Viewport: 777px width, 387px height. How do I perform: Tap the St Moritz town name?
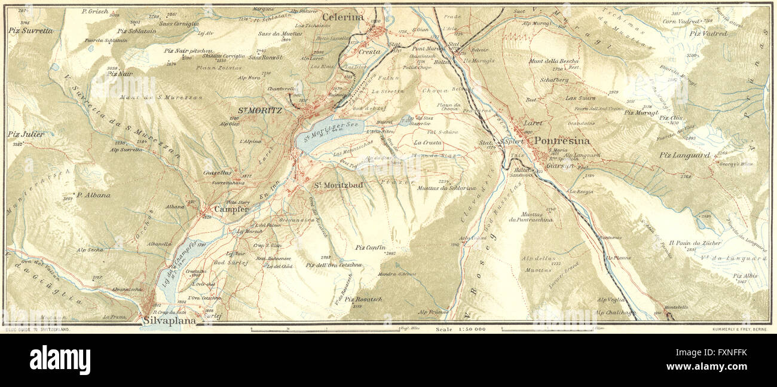[x=260, y=110]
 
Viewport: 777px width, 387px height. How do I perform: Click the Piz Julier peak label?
[x=26, y=135]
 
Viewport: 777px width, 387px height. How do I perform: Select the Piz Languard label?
[x=684, y=156]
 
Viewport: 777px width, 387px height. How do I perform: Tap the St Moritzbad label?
[x=339, y=185]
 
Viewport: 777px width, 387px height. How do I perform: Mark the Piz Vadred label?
[x=708, y=33]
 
